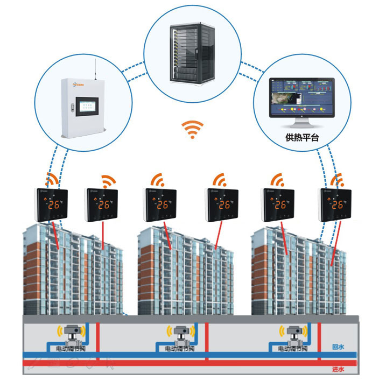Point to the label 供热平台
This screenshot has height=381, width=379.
pyautogui.click(x=302, y=137)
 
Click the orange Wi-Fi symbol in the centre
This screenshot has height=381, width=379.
pyautogui.click(x=192, y=130)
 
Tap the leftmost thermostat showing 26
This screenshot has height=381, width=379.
pyautogui.click(x=52, y=204)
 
